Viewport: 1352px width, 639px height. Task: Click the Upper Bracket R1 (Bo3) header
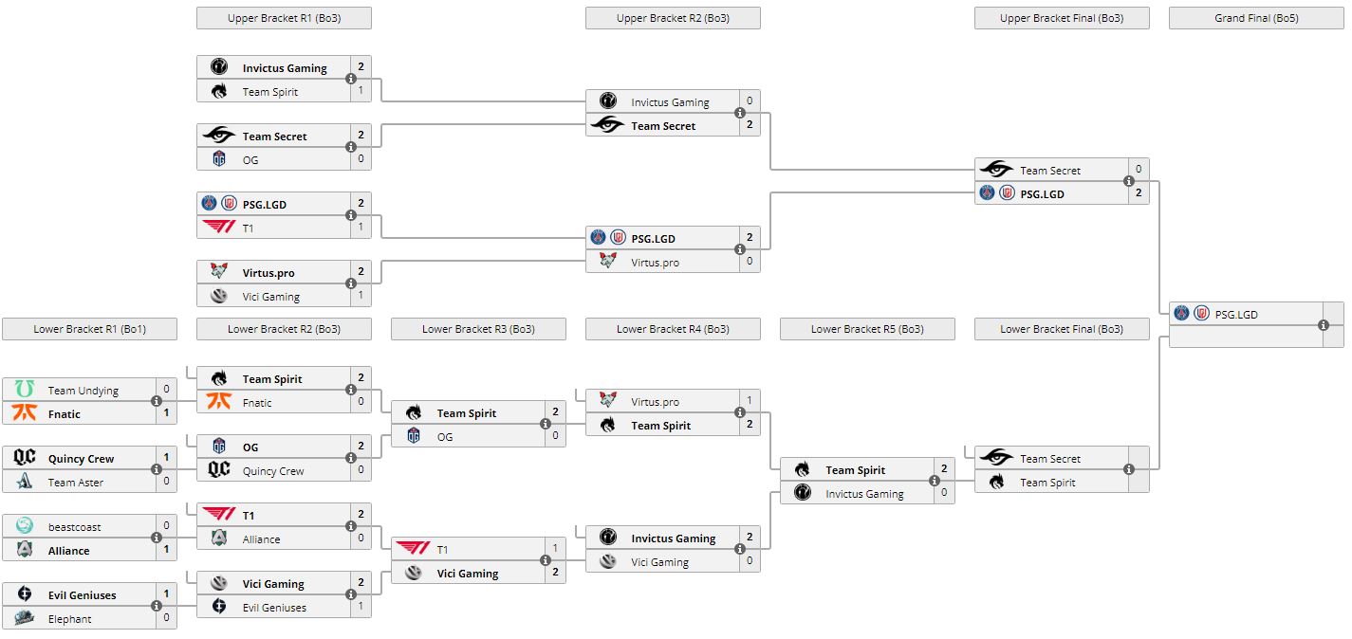pos(284,18)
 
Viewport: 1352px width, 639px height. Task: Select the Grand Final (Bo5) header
pos(1256,18)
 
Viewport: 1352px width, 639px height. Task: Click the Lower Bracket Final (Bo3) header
pos(1061,329)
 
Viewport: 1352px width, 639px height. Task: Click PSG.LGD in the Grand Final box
pos(1235,314)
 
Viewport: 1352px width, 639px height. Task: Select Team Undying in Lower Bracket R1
pos(83,390)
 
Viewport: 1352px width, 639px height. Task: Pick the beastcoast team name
pos(74,526)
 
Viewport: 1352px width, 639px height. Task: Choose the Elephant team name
pos(70,618)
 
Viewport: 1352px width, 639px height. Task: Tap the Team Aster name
pos(76,482)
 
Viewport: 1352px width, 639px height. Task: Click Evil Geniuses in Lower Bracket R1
pos(82,594)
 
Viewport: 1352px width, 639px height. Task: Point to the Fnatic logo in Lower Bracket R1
pos(25,413)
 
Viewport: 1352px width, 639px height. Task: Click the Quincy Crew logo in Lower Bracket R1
pos(25,458)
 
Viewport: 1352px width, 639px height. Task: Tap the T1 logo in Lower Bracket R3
pos(414,549)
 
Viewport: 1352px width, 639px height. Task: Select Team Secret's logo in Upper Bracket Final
pos(996,170)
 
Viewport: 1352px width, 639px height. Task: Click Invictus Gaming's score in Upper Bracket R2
pos(750,101)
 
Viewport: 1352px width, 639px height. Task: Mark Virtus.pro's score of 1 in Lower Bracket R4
pos(750,401)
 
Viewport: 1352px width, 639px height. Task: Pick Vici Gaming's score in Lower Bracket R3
pos(555,573)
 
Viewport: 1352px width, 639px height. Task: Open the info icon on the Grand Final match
pos(1324,325)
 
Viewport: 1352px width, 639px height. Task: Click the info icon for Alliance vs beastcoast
pos(157,539)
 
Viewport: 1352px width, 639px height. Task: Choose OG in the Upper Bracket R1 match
pos(250,159)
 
